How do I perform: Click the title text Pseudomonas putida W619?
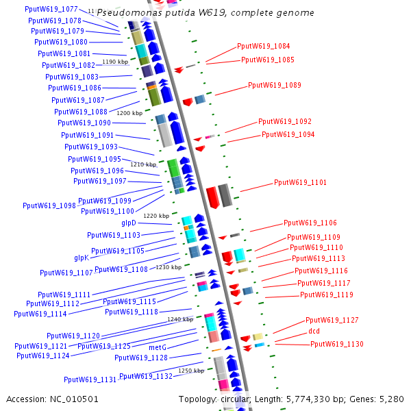(x=205, y=13)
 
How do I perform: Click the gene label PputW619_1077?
(x=51, y=10)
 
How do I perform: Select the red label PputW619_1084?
(x=263, y=46)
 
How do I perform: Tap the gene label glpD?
(x=129, y=223)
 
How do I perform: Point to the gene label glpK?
(x=82, y=258)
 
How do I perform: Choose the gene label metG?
(x=158, y=347)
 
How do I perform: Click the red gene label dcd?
(x=314, y=332)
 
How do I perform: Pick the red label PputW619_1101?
(x=300, y=183)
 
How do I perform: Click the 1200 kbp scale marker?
(x=129, y=112)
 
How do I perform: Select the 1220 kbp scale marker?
(x=156, y=216)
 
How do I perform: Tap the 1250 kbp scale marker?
(x=190, y=371)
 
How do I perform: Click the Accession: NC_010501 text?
(x=53, y=399)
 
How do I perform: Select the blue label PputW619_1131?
(x=90, y=379)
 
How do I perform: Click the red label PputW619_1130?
(x=336, y=344)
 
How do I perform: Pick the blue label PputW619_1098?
(x=49, y=206)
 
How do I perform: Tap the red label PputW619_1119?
(x=327, y=295)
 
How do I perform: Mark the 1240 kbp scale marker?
(x=180, y=319)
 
